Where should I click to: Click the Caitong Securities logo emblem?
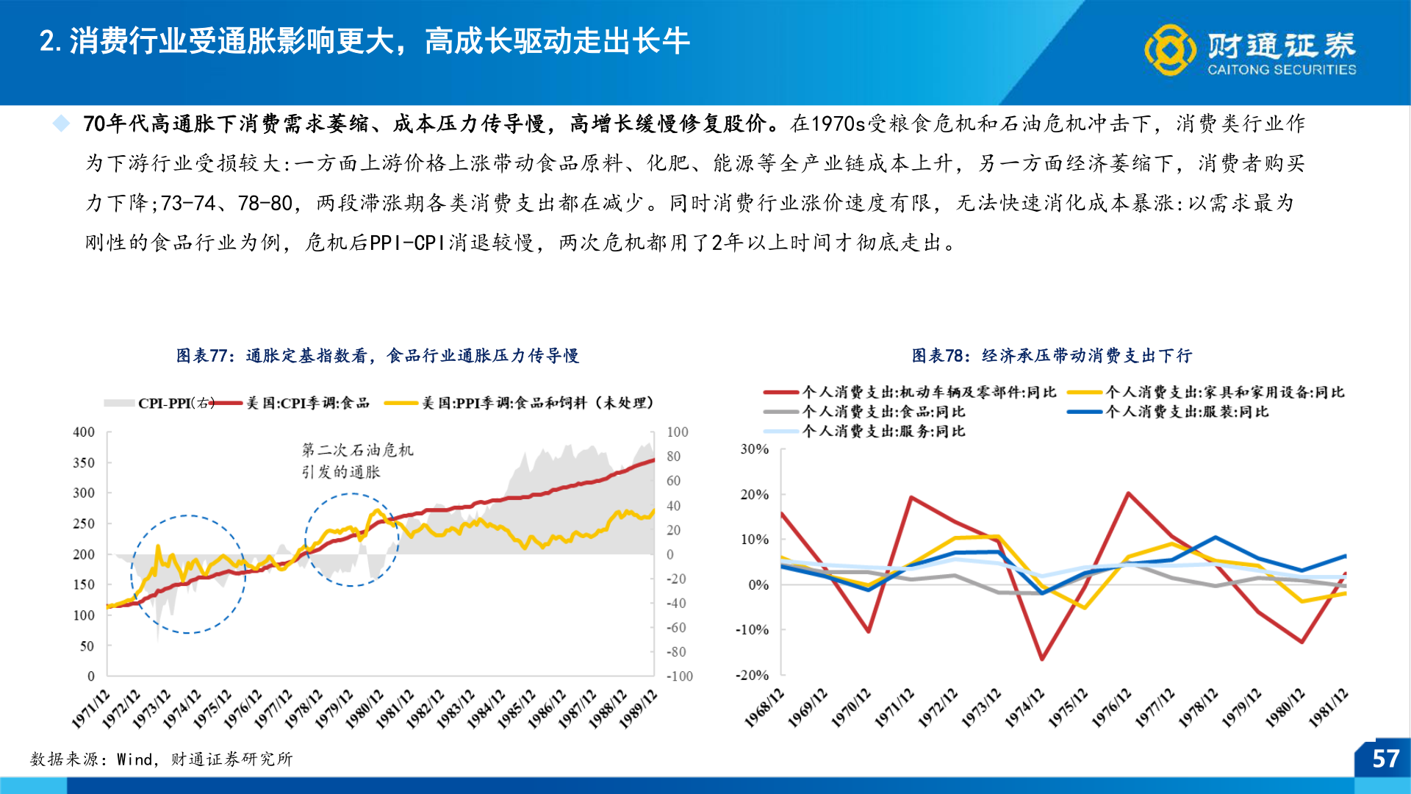point(1170,50)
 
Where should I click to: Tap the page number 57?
point(1385,759)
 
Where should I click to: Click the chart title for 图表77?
point(377,356)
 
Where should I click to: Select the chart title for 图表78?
point(1052,356)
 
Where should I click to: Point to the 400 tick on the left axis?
point(84,432)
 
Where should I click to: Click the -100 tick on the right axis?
point(679,676)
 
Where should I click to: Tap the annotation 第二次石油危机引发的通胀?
point(357,460)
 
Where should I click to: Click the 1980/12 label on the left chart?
point(365,709)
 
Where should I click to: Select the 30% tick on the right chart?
point(754,449)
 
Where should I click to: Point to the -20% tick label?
point(752,675)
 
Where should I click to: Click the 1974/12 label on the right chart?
point(1024,707)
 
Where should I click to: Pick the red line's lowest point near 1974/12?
point(1041,659)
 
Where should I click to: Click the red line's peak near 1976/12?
point(1128,493)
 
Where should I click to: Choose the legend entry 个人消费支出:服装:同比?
point(1186,412)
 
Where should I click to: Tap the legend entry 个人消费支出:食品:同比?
point(883,412)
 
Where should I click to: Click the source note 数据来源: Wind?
point(161,759)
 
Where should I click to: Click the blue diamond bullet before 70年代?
point(62,123)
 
